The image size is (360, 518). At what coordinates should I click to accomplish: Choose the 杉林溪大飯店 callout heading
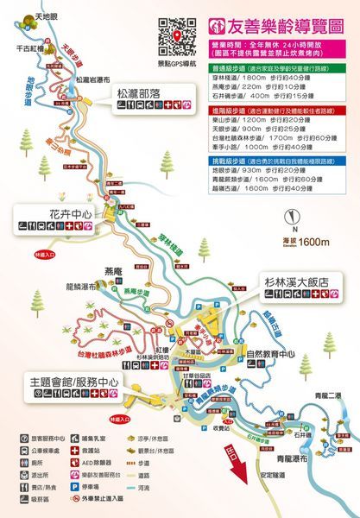point(309,279)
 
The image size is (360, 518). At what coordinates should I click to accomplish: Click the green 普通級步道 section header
point(229,65)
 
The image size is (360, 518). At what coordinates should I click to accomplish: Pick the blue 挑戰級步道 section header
point(229,161)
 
